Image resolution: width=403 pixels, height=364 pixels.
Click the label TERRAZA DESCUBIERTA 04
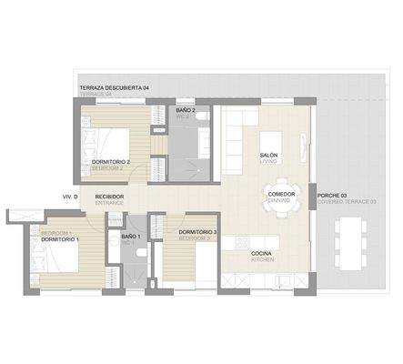coord(114,86)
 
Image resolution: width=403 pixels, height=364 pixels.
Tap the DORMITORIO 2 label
coord(112,162)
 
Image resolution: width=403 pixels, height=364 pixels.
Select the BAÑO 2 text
coord(186,110)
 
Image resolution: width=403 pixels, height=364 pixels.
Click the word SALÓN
coord(268,156)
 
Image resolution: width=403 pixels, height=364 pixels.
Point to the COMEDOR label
coord(281,194)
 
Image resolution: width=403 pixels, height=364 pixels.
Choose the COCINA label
coord(263,252)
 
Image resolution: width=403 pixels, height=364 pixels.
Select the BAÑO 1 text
coord(131,237)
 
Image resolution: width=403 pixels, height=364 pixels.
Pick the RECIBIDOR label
coord(110,196)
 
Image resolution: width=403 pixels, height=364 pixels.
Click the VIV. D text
coord(70,197)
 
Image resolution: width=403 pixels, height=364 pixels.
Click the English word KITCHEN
coord(262,259)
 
